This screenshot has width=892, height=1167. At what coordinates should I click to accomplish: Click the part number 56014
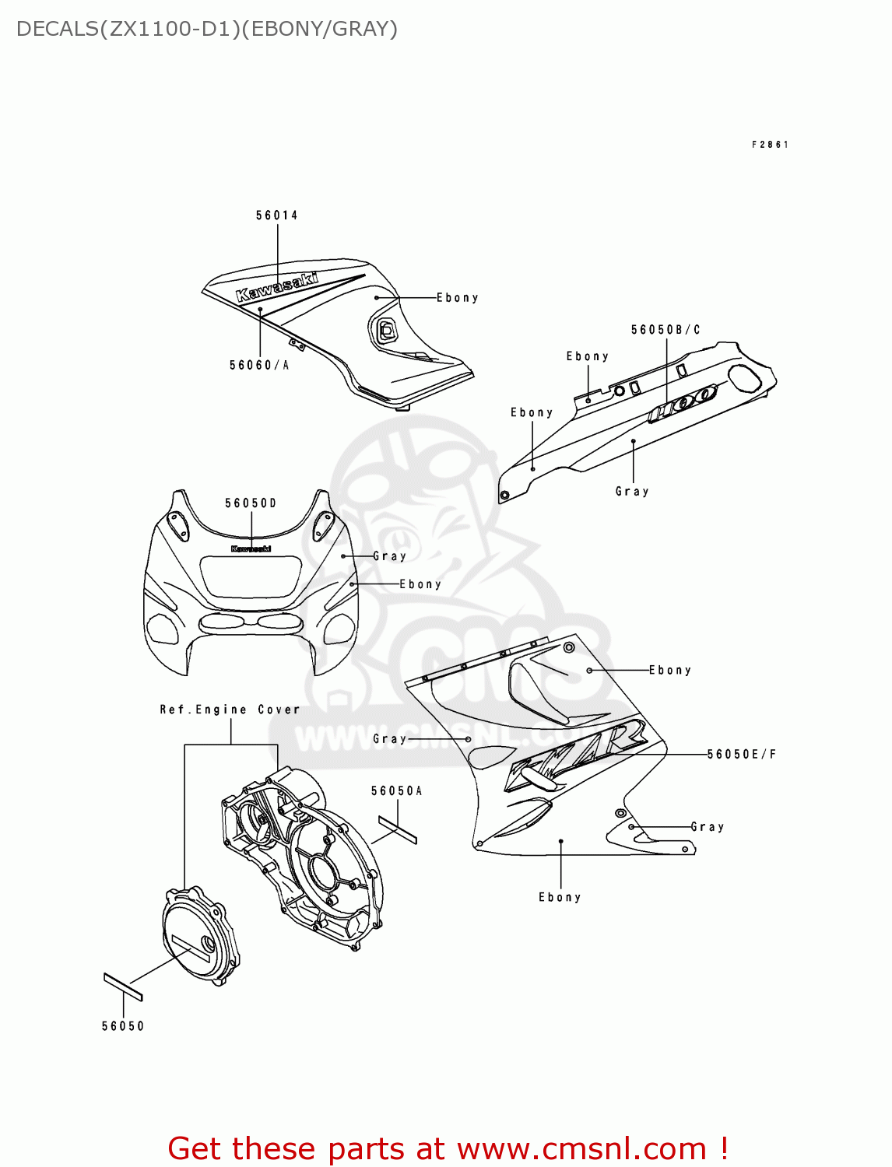point(277,216)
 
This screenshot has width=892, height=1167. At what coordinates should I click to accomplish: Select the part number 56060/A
point(259,366)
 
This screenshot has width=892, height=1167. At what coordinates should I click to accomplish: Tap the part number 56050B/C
point(665,330)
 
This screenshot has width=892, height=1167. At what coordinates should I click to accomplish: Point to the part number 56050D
point(251,503)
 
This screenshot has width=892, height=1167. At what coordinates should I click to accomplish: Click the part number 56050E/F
point(742,754)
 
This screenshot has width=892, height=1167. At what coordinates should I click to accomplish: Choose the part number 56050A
point(397,791)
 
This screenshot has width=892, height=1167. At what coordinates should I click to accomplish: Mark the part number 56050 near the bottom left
point(123,1026)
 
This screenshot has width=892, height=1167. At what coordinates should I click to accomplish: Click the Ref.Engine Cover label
point(230,710)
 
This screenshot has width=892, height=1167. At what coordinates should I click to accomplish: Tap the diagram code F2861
point(770,145)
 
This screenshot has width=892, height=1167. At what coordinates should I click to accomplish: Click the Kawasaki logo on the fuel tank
point(277,286)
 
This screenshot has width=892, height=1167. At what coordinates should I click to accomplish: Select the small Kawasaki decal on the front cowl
point(251,548)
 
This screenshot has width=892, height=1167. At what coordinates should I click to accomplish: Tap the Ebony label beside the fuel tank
point(458,298)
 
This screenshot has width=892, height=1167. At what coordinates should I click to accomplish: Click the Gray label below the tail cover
point(632,492)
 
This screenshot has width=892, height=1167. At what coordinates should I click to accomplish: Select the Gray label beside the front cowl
point(390,556)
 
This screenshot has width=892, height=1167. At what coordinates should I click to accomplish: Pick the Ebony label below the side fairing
point(560,897)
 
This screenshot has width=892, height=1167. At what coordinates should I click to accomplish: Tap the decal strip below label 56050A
point(398,829)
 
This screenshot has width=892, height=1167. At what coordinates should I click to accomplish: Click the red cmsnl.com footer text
point(448,1149)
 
